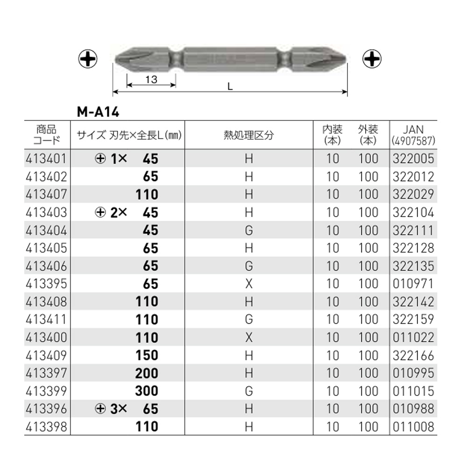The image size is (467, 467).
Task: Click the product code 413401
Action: (46, 158)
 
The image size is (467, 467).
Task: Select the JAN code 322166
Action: (413, 355)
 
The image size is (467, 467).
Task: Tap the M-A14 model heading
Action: (98, 112)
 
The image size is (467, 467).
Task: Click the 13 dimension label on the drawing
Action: (151, 79)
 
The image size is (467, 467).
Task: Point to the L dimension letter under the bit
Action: (230, 86)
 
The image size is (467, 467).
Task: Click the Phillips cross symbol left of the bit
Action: (88, 59)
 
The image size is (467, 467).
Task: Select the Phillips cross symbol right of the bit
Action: (372, 59)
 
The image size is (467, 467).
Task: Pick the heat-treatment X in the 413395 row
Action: (249, 284)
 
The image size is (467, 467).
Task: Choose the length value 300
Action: (147, 391)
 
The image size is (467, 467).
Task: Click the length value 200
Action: (147, 373)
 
